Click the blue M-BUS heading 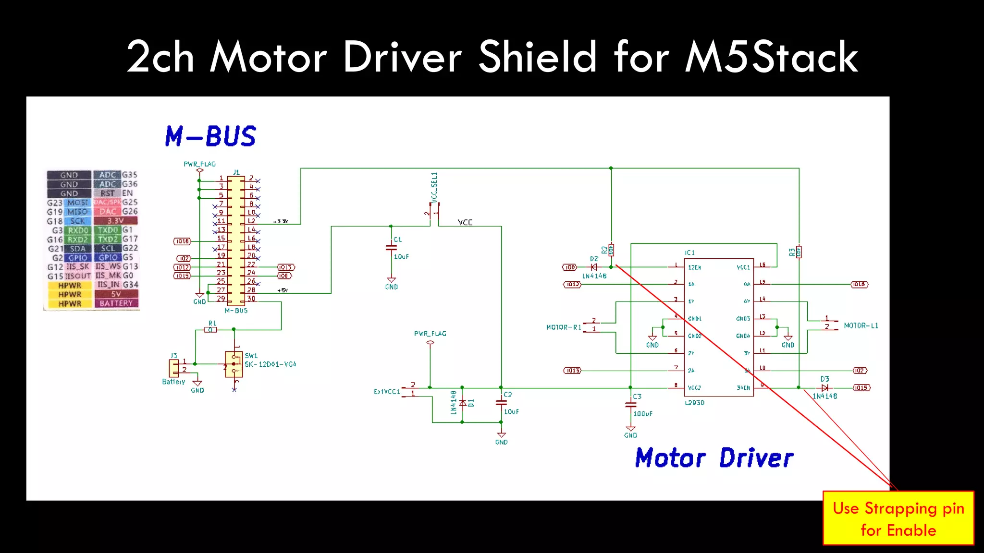(x=210, y=136)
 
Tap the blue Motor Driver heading (x=714, y=457)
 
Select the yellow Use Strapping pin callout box (x=898, y=518)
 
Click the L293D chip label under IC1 (x=695, y=403)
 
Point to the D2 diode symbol (x=594, y=267)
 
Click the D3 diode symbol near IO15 (x=825, y=387)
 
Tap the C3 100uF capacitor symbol (x=630, y=405)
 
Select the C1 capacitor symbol (x=392, y=248)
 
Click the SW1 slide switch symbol (x=234, y=364)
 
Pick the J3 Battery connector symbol (x=173, y=368)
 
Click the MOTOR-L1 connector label (x=861, y=325)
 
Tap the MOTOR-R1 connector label (x=564, y=327)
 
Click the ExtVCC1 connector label (x=387, y=392)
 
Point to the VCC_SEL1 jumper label (x=434, y=187)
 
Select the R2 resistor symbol (x=611, y=250)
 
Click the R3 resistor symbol (x=799, y=252)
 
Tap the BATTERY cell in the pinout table (x=116, y=303)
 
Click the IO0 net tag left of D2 (x=569, y=267)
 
